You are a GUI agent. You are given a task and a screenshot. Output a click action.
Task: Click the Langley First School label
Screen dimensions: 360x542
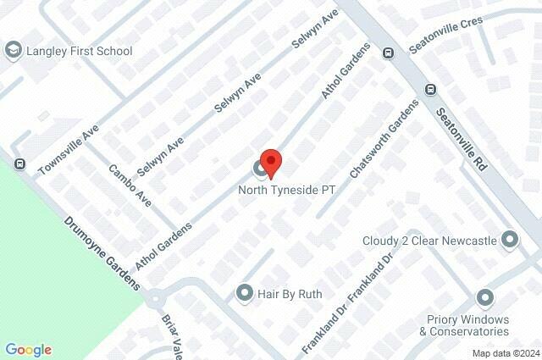[80, 51]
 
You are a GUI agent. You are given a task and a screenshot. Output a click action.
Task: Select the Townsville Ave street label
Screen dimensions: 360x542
[69, 152]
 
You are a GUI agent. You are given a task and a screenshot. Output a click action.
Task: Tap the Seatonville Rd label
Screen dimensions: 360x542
[462, 141]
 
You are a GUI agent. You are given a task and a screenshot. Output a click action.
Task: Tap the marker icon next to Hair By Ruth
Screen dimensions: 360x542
[245, 293]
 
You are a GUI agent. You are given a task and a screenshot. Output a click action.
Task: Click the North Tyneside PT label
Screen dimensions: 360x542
[288, 191]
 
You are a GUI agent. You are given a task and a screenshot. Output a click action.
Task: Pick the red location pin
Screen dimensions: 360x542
[270, 163]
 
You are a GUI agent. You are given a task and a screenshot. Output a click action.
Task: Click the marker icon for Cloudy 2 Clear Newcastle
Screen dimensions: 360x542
[510, 241]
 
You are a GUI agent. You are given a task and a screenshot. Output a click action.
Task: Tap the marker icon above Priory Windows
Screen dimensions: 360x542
[484, 297]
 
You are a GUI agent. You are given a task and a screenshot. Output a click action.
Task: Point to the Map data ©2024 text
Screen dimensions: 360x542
[505, 353]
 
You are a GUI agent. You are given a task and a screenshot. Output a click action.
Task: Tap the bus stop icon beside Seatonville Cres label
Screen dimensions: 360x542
[388, 53]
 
